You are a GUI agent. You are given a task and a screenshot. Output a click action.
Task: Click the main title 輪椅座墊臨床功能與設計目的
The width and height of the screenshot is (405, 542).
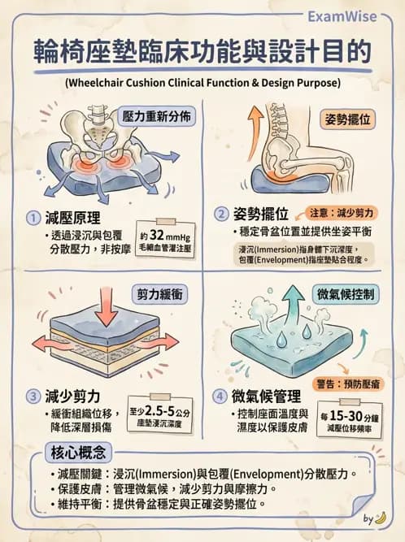(x=202, y=52)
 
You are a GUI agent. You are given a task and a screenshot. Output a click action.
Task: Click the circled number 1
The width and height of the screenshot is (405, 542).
(x=33, y=218)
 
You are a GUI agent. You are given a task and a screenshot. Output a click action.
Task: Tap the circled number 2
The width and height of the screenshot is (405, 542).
(x=220, y=215)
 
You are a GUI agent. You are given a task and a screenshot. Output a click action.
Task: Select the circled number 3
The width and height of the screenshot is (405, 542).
(x=33, y=397)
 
